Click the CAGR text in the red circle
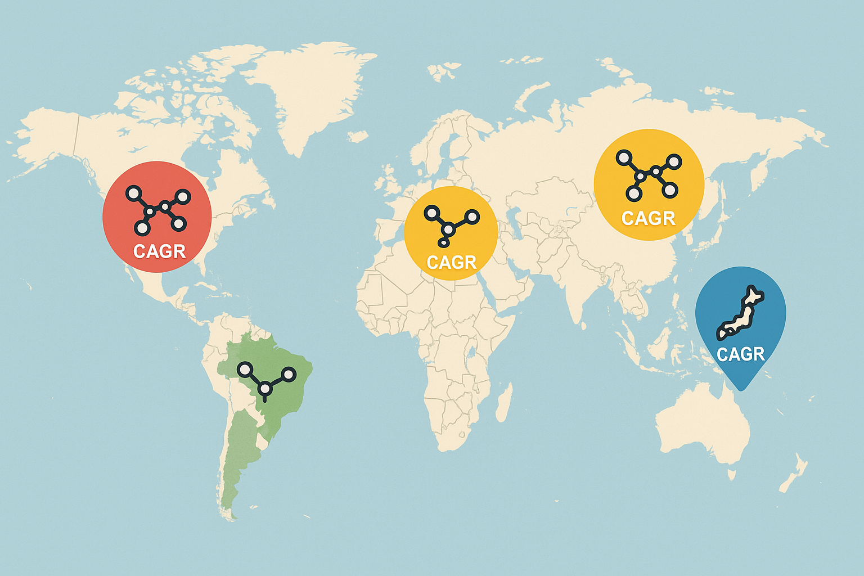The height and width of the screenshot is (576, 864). coord(159,251)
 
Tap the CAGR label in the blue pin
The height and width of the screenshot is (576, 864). coord(740,354)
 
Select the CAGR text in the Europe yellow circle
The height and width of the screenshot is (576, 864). coord(451,262)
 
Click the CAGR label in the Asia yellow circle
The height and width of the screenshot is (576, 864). coord(648,218)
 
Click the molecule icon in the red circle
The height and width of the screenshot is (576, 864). coord(157,210)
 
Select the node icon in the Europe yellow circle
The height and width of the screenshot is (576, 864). coord(450,226)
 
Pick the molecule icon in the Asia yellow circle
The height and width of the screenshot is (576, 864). coord(648,174)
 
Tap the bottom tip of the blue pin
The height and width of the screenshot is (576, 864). coord(741,389)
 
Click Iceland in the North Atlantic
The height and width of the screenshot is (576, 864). coord(358,136)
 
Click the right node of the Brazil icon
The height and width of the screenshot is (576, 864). coord(288,374)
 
